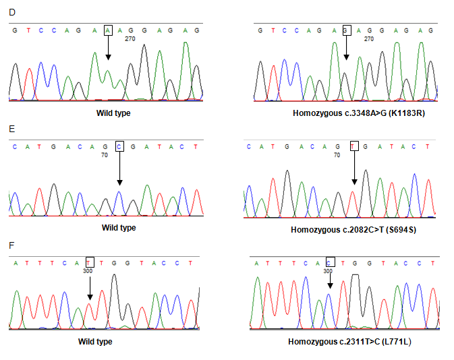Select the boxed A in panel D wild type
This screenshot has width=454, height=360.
(x=108, y=30)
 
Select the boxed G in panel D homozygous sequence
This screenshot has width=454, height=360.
(x=346, y=30)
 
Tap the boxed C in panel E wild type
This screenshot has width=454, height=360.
(x=119, y=146)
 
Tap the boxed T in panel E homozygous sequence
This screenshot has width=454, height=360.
(x=353, y=146)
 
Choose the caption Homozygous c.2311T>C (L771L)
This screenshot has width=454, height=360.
(x=349, y=342)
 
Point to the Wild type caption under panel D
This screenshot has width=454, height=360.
(x=113, y=113)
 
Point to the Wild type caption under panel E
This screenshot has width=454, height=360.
(x=119, y=228)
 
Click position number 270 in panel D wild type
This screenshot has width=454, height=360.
(x=131, y=39)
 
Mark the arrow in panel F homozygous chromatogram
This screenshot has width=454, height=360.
(x=329, y=282)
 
